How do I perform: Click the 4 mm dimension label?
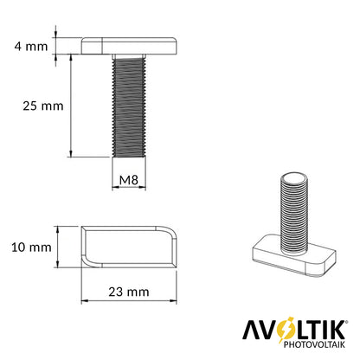[x=31, y=46]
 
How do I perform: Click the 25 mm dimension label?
[x=43, y=106]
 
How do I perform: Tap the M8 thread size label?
[x=129, y=180]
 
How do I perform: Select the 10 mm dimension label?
[x=31, y=247]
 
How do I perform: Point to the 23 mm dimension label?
[x=129, y=292]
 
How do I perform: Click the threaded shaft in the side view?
[x=129, y=107]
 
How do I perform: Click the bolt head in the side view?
[x=129, y=46]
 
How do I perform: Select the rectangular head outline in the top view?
[x=129, y=247]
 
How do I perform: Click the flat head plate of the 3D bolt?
[x=294, y=256]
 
